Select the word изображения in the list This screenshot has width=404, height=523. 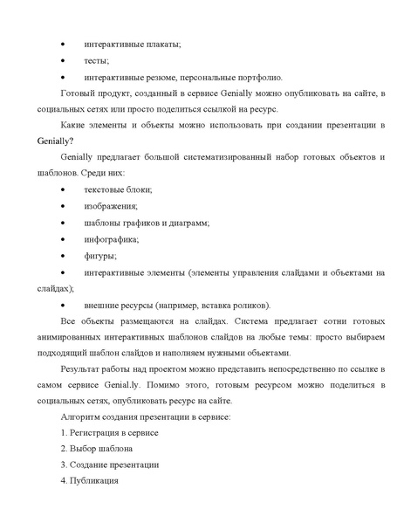click(110, 206)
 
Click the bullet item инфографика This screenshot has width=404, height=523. click(111, 239)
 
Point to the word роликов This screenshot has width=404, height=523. click(249, 304)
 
